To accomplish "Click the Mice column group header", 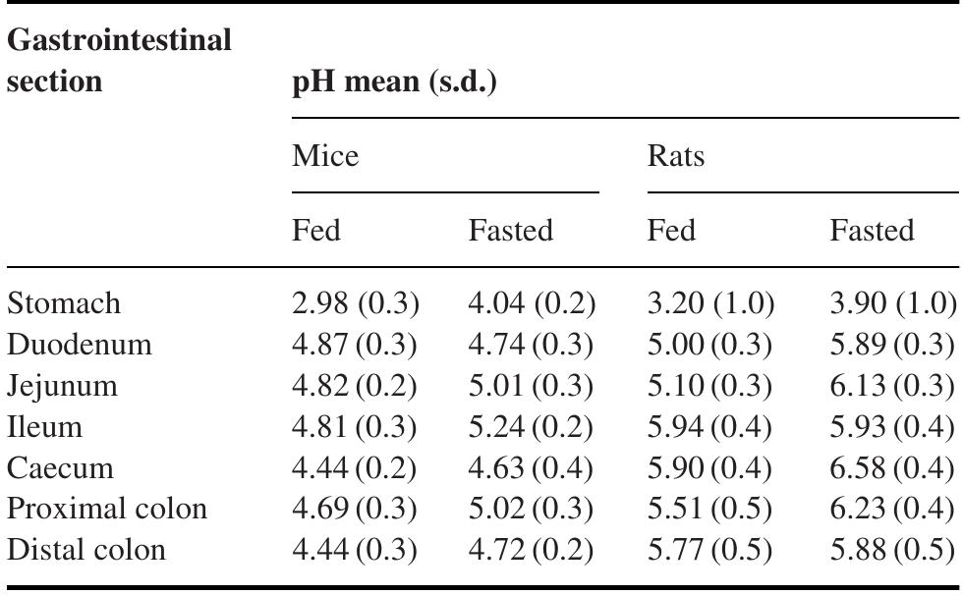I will pos(325,156).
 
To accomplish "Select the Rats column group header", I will pos(677,156).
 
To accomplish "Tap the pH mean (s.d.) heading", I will pos(395,82).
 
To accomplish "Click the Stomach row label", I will pos(64,303).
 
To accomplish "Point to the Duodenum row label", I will pos(80,345).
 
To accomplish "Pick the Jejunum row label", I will pos(62,386).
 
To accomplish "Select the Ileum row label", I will pos(44,427).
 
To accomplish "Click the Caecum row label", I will pos(60,468).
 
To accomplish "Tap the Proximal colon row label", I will pos(107,510).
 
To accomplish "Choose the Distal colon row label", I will pos(86,551).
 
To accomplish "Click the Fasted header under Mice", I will pos(511,231).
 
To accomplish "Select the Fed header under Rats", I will pos(671,231).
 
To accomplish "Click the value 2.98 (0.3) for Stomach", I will pos(356,303).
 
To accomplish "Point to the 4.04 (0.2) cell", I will pos(532,303).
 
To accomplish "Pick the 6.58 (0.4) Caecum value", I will pos(892,468).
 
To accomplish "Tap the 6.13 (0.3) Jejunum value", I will pos(892,386).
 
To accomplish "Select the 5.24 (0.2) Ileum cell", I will pos(532,427).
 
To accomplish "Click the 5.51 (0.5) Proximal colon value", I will pos(710,510).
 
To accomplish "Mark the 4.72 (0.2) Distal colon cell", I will pos(532,551).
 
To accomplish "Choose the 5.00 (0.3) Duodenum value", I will pos(710,345).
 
